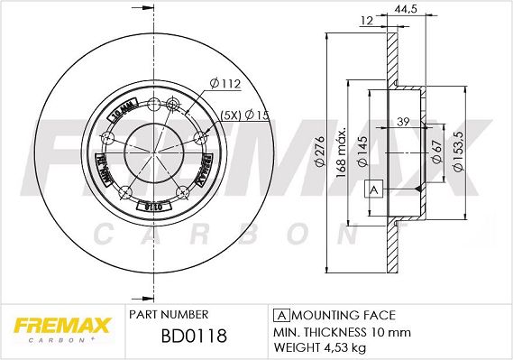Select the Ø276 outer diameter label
point(319,158)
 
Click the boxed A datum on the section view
point(371,189)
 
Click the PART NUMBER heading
point(169,314)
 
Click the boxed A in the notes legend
point(280,314)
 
